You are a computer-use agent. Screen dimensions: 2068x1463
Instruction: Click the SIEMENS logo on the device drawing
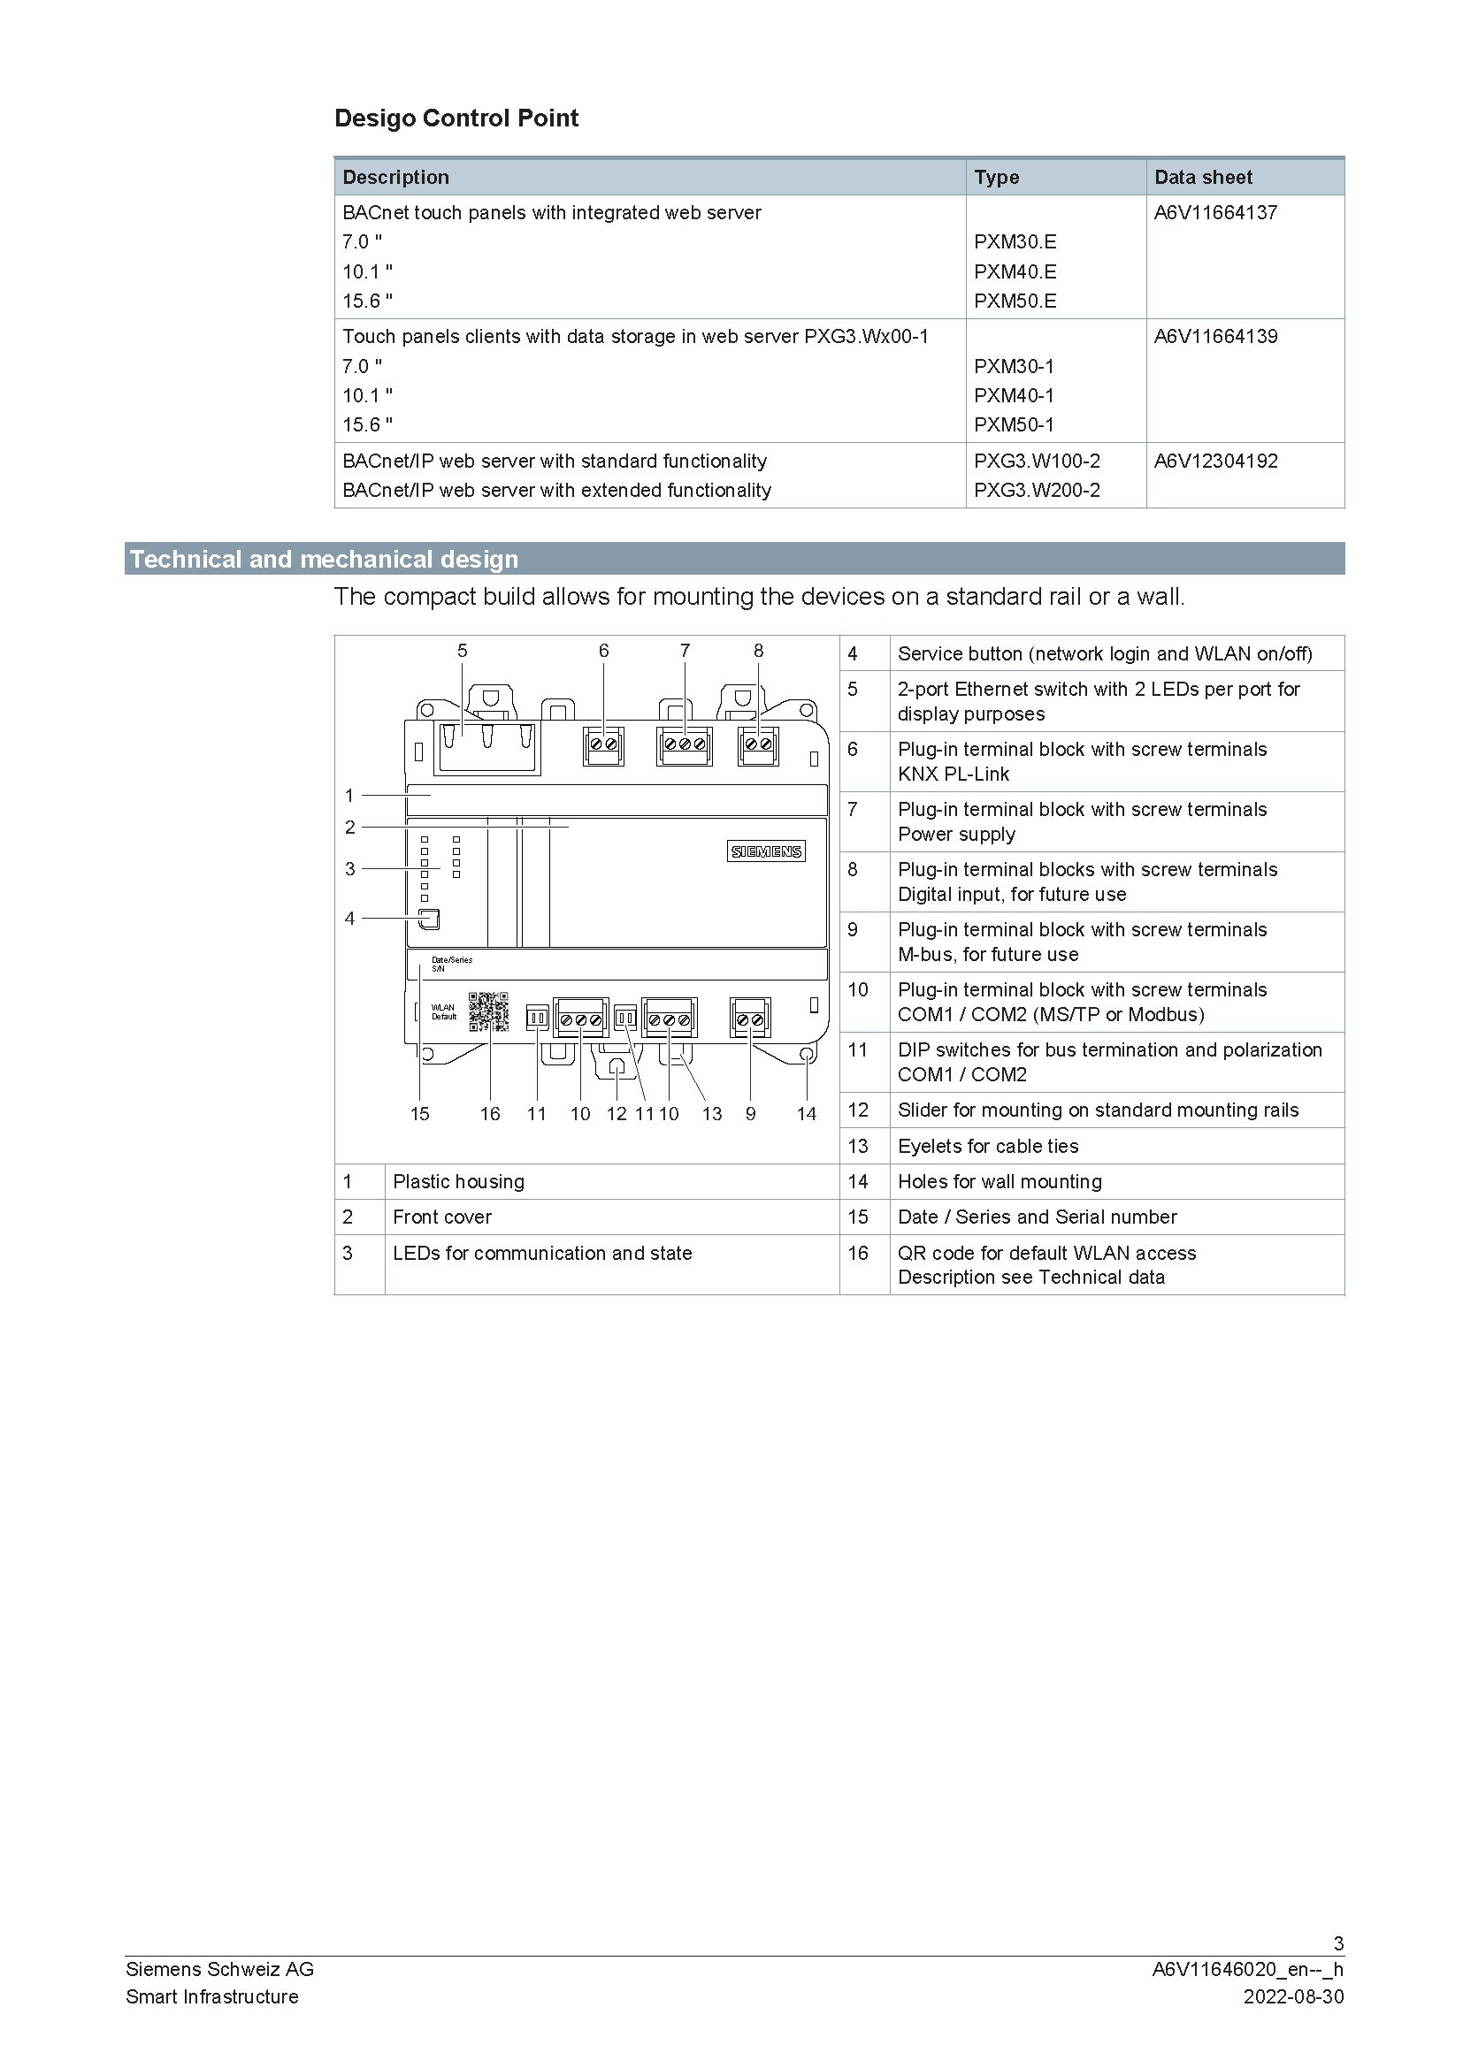766,851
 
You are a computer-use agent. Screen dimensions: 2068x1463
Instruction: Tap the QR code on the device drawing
489,1011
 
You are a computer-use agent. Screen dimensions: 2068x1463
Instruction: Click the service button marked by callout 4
430,919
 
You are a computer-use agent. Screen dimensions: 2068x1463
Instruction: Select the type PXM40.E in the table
1015,271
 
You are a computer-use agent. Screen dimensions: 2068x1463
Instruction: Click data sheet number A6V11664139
1215,336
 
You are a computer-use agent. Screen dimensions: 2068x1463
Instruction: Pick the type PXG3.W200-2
1036,490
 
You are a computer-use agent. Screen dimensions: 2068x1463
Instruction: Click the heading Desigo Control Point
456,118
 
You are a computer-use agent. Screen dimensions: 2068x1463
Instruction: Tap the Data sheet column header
1203,178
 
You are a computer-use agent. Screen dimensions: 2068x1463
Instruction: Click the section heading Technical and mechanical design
324,560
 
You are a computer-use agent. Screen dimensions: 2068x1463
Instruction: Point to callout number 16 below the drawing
489,1114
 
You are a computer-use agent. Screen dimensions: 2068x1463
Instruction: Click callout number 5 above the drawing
462,651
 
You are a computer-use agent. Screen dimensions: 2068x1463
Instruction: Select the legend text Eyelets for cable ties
987,1146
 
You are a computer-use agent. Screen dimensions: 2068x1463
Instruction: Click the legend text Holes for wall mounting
999,1181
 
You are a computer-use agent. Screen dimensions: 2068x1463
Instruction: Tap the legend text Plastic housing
457,1181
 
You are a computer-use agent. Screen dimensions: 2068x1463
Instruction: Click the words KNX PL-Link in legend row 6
954,774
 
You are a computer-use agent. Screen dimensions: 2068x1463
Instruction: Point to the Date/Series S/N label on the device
450,964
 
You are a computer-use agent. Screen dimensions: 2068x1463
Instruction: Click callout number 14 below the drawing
807,1114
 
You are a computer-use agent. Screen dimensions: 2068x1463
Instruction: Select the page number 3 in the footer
1337,1942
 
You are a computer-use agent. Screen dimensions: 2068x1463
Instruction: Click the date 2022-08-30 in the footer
1293,1996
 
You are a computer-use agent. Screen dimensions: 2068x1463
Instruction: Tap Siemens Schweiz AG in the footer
220,1969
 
